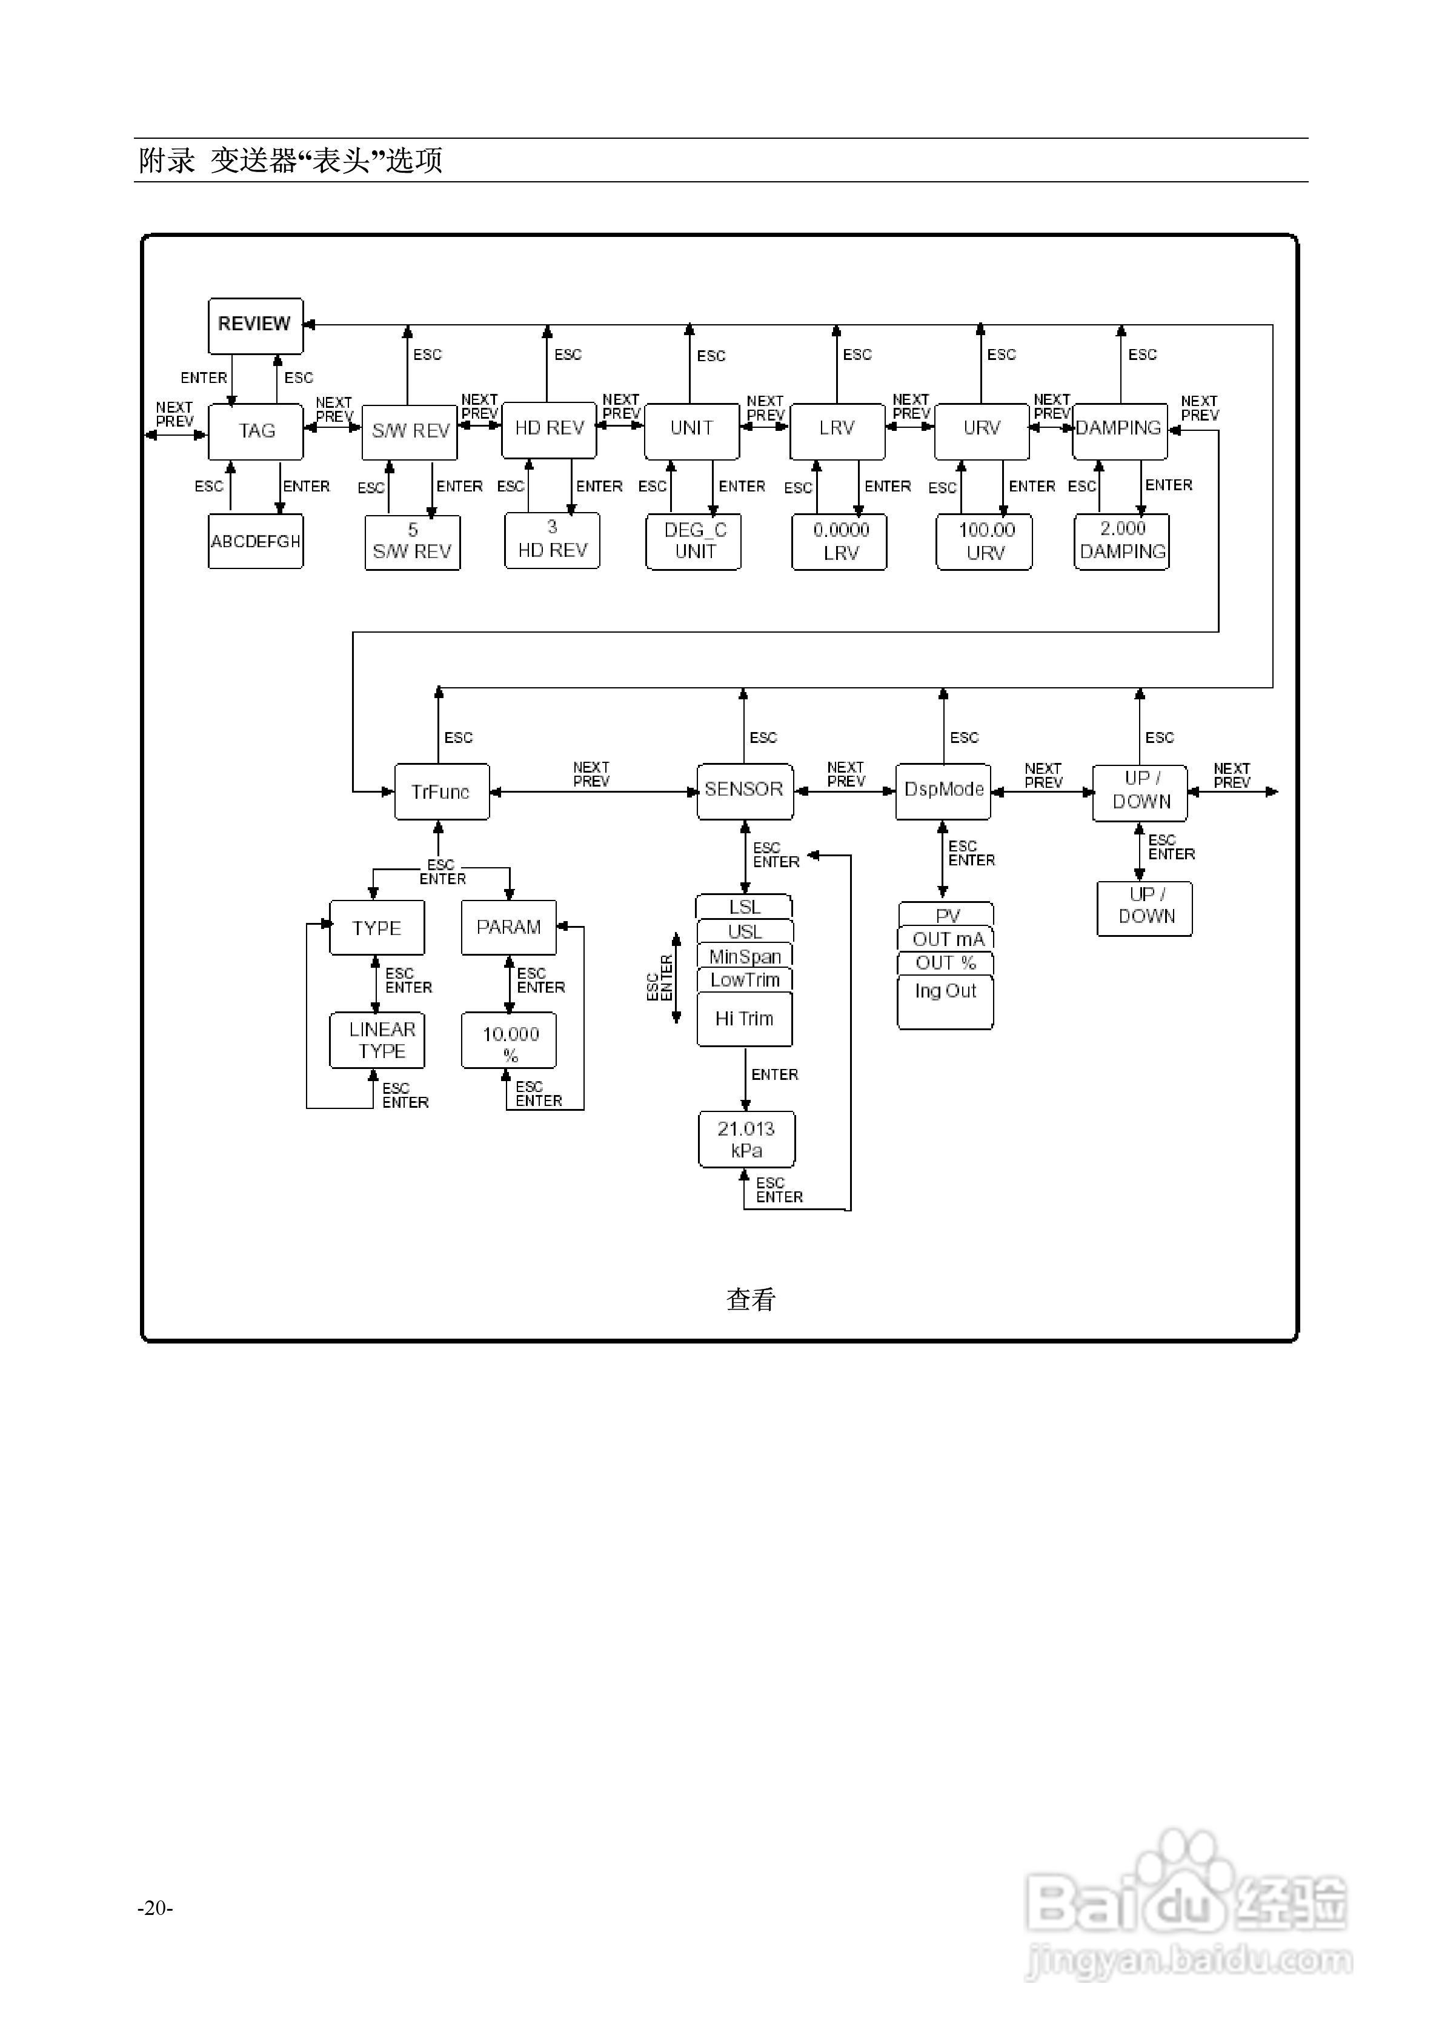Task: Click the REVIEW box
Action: tap(255, 325)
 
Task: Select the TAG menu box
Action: tap(256, 431)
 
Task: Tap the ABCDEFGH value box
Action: tap(256, 541)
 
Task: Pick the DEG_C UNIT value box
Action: tap(694, 541)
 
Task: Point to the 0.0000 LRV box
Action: tap(839, 541)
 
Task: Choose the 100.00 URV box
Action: tap(984, 541)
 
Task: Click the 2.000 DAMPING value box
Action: tap(1122, 541)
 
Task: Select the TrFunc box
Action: tap(442, 791)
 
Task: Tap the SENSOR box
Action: tap(745, 790)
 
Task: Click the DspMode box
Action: tap(943, 790)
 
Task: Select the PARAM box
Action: tap(508, 927)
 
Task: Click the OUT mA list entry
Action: tap(946, 939)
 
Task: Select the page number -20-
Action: tap(156, 1908)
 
